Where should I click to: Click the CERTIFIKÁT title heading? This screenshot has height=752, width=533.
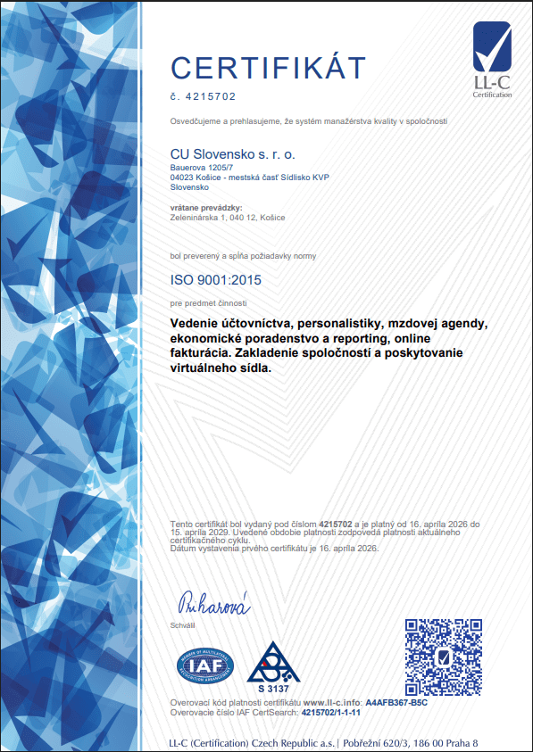[x=268, y=67]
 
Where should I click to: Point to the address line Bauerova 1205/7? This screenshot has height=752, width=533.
[x=201, y=167]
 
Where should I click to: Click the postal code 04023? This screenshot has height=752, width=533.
[x=180, y=178]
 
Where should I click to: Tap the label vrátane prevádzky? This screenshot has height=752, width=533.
[x=204, y=208]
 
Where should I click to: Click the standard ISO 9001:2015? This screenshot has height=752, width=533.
[x=216, y=280]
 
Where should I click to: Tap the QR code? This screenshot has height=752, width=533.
[x=443, y=657]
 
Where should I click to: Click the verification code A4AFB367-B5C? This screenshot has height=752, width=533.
[x=397, y=704]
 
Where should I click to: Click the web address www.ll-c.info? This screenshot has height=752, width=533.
[x=332, y=704]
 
